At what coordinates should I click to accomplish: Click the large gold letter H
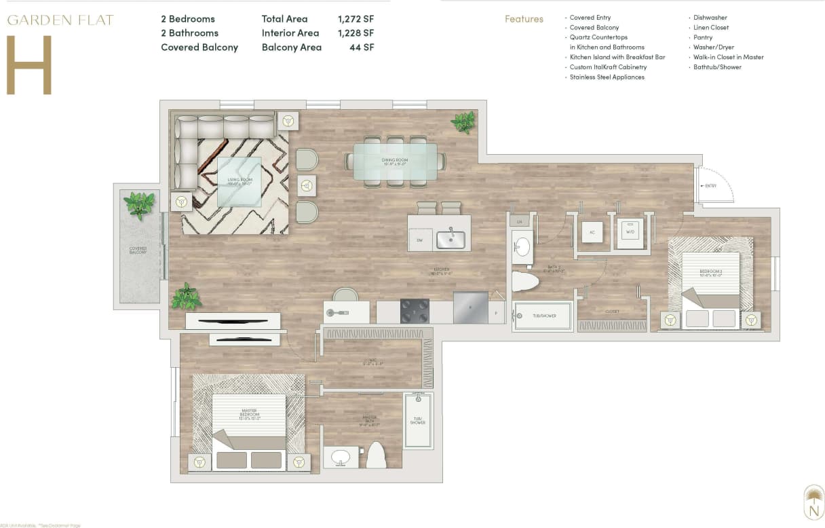pos(29,65)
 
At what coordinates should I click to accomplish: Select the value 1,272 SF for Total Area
pos(356,19)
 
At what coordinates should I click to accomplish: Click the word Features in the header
pos(524,19)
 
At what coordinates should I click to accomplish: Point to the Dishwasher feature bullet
pos(710,18)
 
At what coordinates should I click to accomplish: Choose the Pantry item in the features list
pos(702,37)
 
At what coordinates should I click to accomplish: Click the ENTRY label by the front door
pos(710,185)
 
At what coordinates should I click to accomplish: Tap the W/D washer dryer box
pos(630,231)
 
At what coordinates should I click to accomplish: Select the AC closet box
pos(592,231)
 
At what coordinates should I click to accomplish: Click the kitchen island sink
pos(450,240)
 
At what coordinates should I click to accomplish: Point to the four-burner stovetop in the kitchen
pos(415,310)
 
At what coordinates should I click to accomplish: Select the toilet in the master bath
pos(376,456)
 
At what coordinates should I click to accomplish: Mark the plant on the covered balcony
pos(140,204)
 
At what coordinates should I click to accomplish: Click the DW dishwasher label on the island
pos(420,240)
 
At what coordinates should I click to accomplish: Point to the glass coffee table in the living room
pos(239,181)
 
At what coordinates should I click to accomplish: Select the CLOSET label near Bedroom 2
pos(612,312)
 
